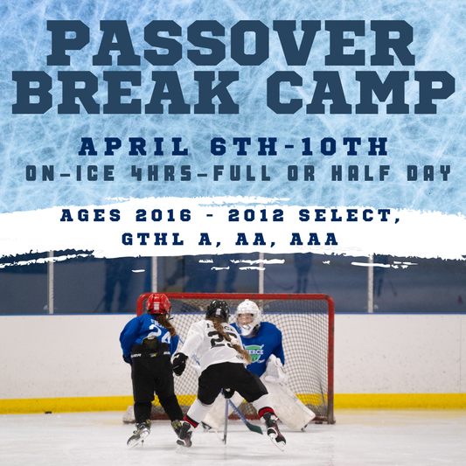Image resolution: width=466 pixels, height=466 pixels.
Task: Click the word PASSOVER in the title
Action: pos(233,43)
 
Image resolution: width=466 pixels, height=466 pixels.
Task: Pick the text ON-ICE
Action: pos(70,172)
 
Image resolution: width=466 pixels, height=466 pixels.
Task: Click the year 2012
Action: pos(275,216)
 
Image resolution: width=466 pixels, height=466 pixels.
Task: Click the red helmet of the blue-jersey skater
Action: pos(158,304)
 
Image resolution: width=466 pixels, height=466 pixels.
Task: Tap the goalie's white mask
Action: pos(248,314)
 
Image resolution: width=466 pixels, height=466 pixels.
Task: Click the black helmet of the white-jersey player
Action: pos(217,310)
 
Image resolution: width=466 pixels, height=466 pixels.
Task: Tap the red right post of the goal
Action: pos(330,358)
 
